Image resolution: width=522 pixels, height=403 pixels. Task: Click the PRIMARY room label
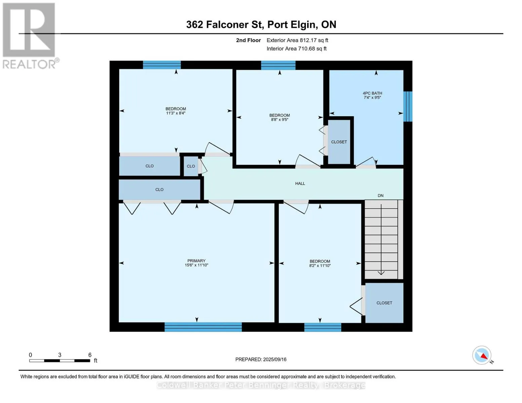tap(196, 261)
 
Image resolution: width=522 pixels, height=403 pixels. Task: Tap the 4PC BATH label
tap(372, 93)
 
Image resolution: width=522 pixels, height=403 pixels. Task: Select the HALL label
tap(300, 183)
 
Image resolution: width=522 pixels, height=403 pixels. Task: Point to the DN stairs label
tap(380, 195)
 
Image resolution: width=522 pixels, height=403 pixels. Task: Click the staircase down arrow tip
tap(381, 274)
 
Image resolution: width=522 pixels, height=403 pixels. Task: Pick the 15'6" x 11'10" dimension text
tap(196, 265)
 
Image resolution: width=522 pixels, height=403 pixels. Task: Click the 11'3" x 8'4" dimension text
tap(175, 113)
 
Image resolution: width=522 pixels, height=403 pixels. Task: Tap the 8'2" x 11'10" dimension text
tap(320, 265)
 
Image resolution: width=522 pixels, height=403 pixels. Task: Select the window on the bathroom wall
tap(408, 106)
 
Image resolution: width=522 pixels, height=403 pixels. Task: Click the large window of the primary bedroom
tap(203, 327)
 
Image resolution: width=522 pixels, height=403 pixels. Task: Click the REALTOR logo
tap(30, 36)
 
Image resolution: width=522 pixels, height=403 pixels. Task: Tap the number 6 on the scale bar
tap(90, 355)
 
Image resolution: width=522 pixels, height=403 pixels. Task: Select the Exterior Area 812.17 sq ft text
tap(297, 40)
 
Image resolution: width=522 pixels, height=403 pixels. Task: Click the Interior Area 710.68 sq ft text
tap(296, 48)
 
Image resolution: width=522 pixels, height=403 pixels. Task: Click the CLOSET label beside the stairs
tap(384, 303)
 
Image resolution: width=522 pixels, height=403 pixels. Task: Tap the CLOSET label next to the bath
tap(339, 142)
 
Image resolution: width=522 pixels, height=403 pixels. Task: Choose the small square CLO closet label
tap(191, 166)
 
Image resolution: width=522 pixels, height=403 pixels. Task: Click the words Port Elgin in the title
tap(292, 25)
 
